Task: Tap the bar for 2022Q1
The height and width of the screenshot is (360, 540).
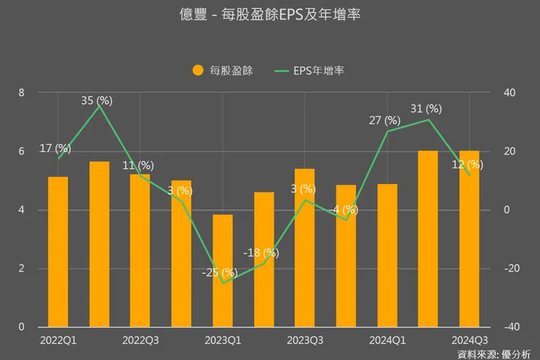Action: click(x=58, y=252)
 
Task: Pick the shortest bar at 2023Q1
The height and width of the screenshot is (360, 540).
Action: click(x=223, y=271)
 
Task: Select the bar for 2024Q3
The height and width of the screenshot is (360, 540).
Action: click(x=469, y=239)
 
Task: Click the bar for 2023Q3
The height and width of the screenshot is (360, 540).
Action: click(x=305, y=248)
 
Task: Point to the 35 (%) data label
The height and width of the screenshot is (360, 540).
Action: click(x=97, y=101)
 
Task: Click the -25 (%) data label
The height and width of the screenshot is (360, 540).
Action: click(x=220, y=272)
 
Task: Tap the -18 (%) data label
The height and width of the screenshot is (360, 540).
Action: click(x=261, y=253)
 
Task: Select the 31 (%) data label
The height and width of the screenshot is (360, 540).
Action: click(x=426, y=108)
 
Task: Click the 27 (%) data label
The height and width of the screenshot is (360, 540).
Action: click(x=385, y=120)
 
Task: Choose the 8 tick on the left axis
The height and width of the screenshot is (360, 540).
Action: click(x=22, y=93)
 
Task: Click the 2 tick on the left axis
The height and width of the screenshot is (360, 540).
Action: click(x=22, y=269)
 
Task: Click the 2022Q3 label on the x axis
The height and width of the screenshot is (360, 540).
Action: click(x=141, y=340)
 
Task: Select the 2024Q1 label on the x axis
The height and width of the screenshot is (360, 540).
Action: click(x=387, y=340)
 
